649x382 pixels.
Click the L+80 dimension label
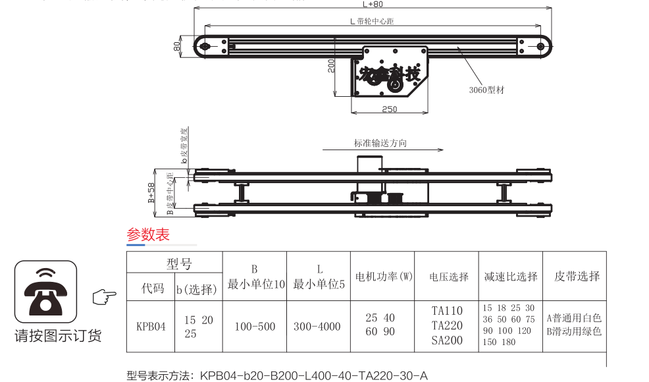point(375,4)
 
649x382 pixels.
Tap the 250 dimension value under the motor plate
point(389,109)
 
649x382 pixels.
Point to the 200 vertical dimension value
point(332,65)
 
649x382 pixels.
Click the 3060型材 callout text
point(486,90)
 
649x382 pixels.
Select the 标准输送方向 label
point(380,143)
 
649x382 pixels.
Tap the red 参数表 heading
point(148,235)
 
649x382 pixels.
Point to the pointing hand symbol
point(104,298)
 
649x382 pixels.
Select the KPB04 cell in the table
point(151,326)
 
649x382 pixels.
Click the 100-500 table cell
point(255,327)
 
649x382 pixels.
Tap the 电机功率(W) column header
point(384,277)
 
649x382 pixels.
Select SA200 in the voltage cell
point(448,341)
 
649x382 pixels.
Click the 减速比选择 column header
point(510,277)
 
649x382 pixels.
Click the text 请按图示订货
point(58,337)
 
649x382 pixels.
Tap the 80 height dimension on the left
point(176,46)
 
